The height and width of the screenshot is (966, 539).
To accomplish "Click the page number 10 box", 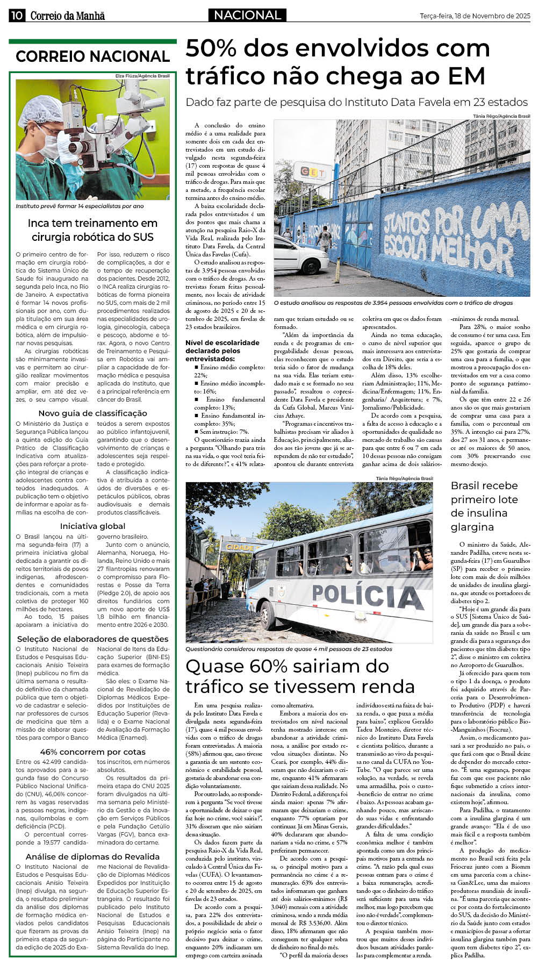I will pos(16,16).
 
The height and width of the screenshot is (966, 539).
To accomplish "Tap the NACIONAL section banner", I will pos(247,15).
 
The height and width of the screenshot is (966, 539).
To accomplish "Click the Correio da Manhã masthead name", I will pos(67,16).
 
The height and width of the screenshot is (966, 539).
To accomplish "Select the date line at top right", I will pos(475,16).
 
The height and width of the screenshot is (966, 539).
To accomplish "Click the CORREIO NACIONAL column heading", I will pos(92,56).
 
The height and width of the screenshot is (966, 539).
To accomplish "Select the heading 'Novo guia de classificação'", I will pos(92,413).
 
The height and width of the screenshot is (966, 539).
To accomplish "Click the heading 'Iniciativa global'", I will pos(92,526).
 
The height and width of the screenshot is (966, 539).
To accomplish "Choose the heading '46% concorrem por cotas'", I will pos(92,752).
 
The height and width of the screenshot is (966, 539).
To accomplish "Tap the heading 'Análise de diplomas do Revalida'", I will pos(92,856).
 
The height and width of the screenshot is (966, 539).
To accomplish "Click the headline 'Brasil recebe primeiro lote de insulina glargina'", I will pos(484,506).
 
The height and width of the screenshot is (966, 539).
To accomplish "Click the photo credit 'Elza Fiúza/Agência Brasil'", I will pos(142,76).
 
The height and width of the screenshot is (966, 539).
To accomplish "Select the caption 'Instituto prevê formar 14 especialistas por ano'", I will pos(80,206).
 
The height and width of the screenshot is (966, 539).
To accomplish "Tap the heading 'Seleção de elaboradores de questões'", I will pos(92,639).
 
